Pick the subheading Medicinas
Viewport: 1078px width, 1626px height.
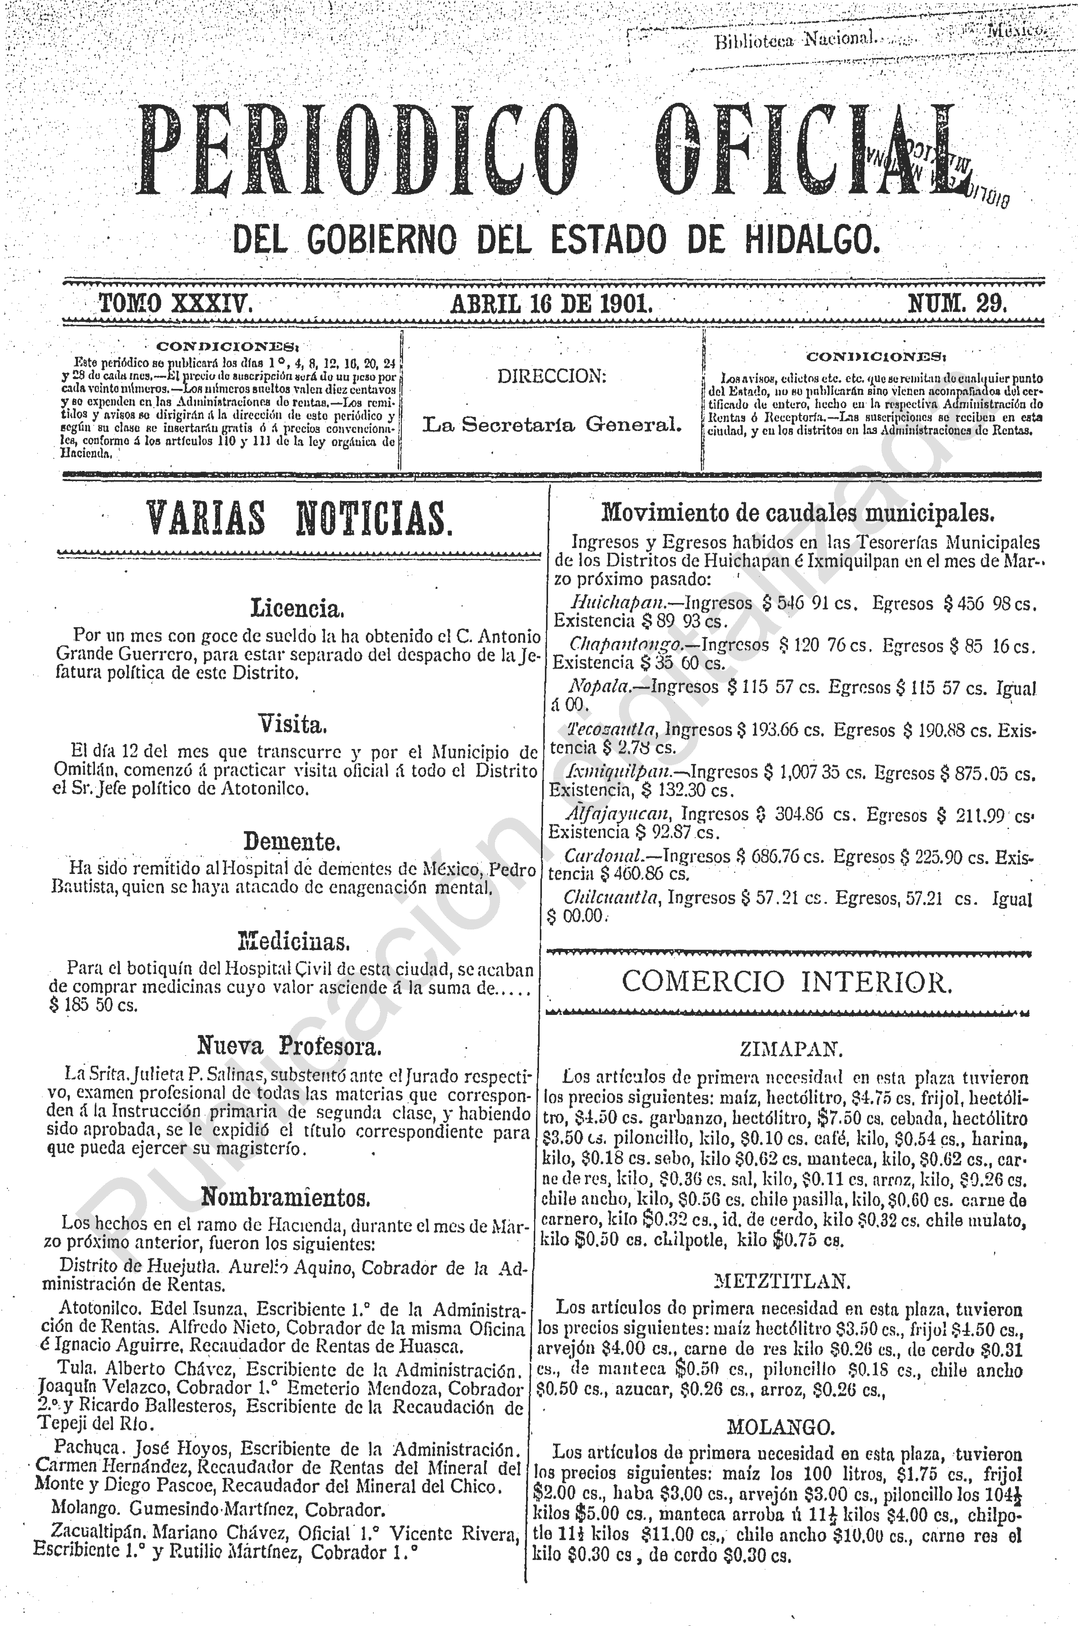click(x=294, y=939)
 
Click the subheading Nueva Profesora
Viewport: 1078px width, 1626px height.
click(x=289, y=1046)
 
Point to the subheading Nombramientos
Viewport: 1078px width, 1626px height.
click(x=286, y=1198)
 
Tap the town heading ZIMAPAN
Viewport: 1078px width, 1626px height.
click(x=791, y=1050)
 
